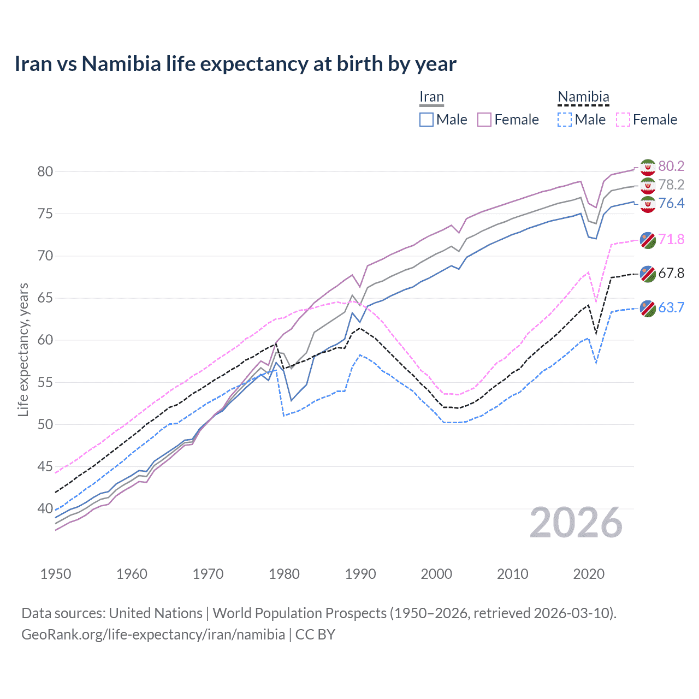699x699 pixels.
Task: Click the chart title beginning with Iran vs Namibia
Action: [235, 64]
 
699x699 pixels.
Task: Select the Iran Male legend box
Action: [426, 120]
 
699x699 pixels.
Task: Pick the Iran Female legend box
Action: [484, 120]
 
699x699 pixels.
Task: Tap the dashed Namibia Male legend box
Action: [565, 120]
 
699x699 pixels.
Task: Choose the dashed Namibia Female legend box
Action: [623, 120]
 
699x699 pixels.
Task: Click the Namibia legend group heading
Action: [583, 97]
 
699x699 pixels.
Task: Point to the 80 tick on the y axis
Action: [45, 171]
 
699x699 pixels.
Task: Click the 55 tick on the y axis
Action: [45, 382]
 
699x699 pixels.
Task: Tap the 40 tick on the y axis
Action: [45, 508]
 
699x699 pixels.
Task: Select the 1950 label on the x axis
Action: [56, 574]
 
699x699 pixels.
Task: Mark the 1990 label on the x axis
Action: [360, 574]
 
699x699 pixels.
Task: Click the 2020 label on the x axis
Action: [589, 574]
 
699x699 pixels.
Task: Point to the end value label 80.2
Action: [671, 166]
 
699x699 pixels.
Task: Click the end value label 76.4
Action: [671, 204]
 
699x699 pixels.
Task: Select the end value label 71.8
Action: [671, 239]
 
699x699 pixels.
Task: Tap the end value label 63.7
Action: [671, 307]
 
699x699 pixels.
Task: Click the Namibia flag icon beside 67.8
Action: [648, 274]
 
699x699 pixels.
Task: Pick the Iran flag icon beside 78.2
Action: [648, 185]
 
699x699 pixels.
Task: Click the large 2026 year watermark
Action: [576, 523]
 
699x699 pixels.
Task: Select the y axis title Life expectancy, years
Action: [23, 349]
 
